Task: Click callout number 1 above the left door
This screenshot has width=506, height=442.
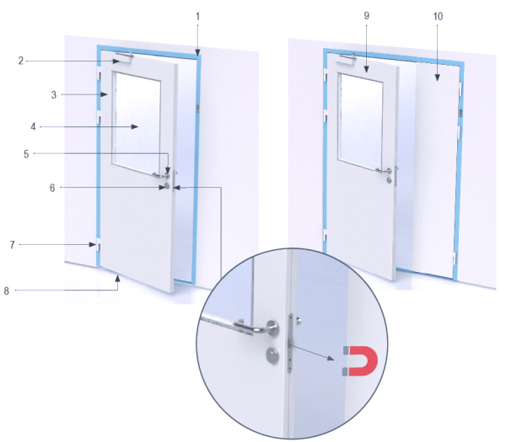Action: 198,17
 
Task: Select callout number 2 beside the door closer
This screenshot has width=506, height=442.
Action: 21,61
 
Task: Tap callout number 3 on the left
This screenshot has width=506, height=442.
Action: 54,94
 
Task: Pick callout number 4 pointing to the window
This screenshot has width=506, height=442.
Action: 33,126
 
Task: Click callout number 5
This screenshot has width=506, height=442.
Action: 26,154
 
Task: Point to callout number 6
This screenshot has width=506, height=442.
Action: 52,188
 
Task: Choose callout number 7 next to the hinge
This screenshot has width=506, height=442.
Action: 13,245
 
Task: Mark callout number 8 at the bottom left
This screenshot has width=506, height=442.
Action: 7,291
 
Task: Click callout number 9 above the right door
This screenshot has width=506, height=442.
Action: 366,16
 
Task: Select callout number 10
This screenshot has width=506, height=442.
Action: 438,16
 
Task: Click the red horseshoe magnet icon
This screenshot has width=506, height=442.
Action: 361,361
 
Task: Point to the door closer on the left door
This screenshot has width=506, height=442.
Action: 124,57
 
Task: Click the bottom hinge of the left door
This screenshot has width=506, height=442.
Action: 98,246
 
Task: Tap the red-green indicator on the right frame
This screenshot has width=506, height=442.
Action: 460,113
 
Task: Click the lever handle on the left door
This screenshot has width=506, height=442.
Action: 161,175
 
